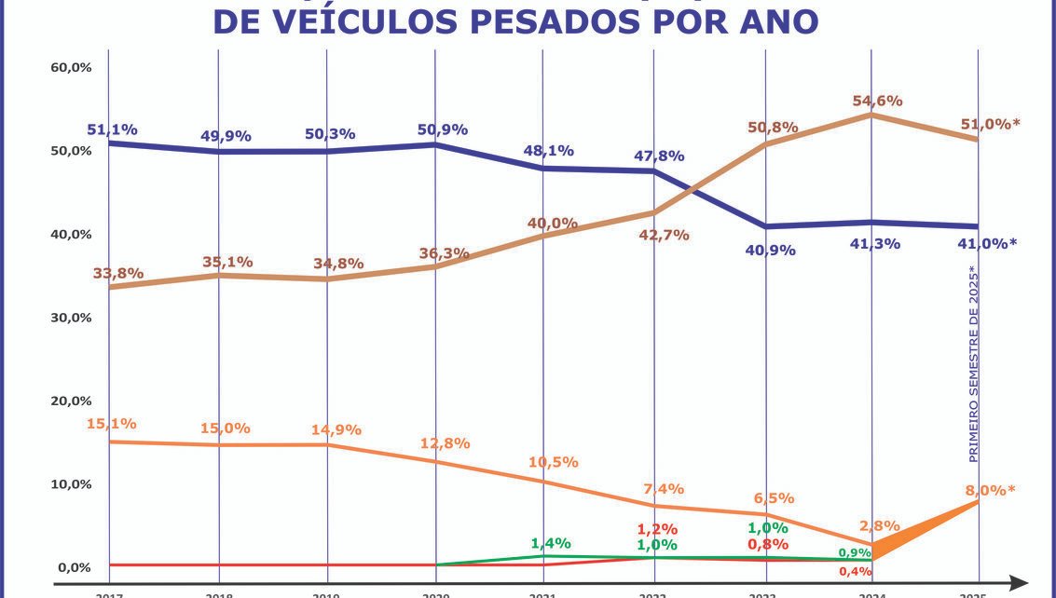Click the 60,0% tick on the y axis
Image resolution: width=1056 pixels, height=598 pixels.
pyautogui.click(x=71, y=68)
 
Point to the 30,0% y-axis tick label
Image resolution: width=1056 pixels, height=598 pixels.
pyautogui.click(x=71, y=318)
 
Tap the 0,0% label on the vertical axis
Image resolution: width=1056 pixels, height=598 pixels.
pyautogui.click(x=74, y=567)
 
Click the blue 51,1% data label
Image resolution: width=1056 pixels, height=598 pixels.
pyautogui.click(x=112, y=129)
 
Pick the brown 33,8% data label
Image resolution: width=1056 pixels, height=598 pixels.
pyautogui.click(x=118, y=273)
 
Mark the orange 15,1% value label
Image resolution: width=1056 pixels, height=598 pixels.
pyautogui.click(x=112, y=424)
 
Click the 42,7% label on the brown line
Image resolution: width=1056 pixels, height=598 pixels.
pyautogui.click(x=665, y=236)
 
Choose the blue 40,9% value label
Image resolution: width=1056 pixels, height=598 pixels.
pyautogui.click(x=770, y=250)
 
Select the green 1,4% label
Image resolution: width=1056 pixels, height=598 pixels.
pyautogui.click(x=551, y=543)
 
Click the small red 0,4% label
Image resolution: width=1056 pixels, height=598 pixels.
pyautogui.click(x=855, y=571)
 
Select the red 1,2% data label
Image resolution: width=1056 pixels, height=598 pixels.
pyautogui.click(x=656, y=529)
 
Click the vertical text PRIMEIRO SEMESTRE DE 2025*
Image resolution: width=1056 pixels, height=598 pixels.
pyautogui.click(x=973, y=364)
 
